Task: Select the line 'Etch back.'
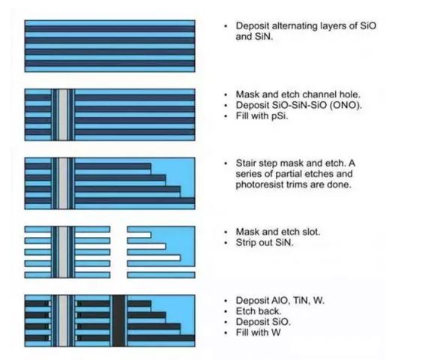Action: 259,311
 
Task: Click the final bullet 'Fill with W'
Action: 259,332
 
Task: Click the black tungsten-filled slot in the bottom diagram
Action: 118,320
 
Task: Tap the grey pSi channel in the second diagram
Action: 63,115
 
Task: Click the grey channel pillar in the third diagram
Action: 63,184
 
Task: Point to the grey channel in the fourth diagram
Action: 63,252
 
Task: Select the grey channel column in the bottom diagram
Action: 63,321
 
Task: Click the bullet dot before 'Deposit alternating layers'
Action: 226,26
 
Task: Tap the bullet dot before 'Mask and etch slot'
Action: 226,232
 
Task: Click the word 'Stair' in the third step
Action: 244,163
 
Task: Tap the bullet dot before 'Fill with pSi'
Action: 226,117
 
